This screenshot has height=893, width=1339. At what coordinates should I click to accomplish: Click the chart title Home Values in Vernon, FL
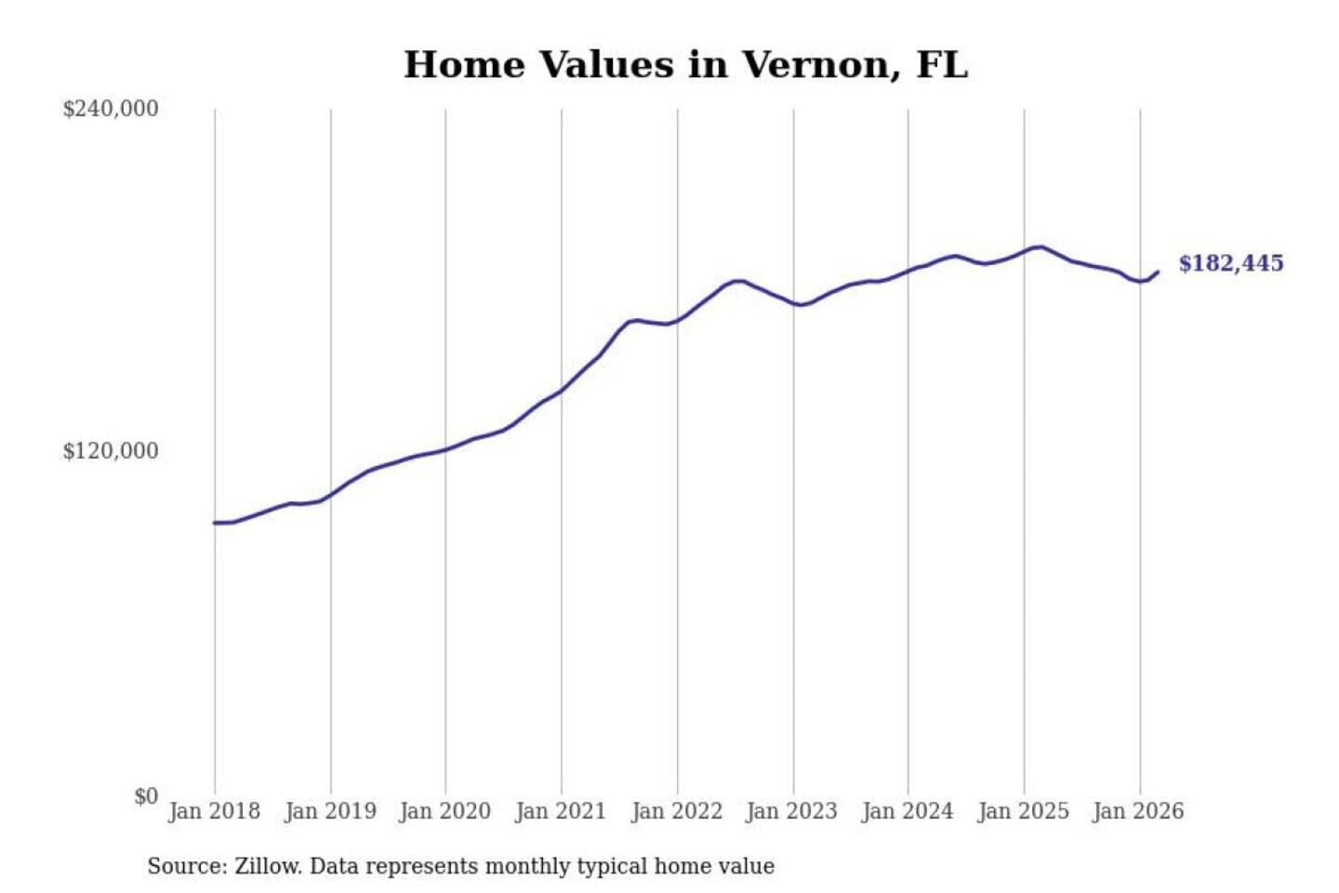[685, 65]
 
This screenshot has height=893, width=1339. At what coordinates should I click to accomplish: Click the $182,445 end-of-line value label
[1230, 263]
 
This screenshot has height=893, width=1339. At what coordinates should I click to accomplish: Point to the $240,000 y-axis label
[111, 109]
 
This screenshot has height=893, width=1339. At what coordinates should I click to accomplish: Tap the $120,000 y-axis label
[111, 451]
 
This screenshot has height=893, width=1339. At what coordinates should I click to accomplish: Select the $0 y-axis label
[145, 796]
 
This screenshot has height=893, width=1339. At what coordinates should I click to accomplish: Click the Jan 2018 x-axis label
[214, 811]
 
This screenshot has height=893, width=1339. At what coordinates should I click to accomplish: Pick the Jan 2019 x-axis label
[330, 811]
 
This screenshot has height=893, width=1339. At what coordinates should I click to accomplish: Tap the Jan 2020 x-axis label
[444, 811]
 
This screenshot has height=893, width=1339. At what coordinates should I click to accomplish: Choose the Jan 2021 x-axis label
[561, 811]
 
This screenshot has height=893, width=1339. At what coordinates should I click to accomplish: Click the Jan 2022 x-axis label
[676, 811]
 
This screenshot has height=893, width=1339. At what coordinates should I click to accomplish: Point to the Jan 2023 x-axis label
[791, 811]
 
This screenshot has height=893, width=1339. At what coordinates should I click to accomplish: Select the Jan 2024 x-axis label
[908, 811]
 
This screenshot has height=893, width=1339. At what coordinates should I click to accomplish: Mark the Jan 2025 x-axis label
[1023, 811]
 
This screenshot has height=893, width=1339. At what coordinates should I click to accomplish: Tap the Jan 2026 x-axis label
[1138, 811]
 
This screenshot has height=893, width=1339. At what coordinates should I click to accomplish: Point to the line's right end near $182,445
[1158, 272]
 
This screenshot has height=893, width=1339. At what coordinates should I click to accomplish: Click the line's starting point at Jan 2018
[215, 523]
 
